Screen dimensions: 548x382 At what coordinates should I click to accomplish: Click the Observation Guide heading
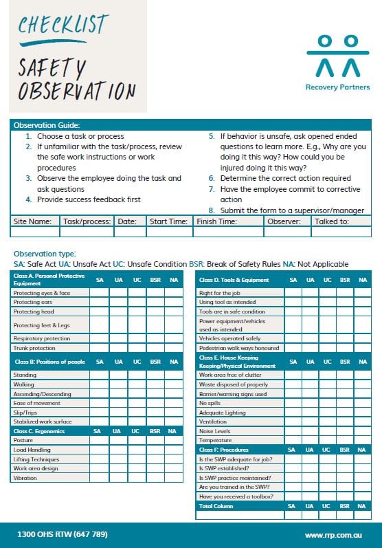(47, 125)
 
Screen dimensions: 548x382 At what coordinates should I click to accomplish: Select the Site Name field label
(32, 221)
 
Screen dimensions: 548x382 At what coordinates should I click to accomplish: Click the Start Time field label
(168, 221)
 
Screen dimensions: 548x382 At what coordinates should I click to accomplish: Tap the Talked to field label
(332, 221)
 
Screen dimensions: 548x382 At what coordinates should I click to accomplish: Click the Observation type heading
(45, 254)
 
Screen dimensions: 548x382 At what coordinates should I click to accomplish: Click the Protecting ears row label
(32, 302)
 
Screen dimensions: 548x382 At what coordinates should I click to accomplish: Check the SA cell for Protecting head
(100, 311)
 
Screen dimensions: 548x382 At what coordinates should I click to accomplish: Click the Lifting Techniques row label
(36, 459)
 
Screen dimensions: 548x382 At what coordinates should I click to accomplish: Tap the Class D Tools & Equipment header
(234, 280)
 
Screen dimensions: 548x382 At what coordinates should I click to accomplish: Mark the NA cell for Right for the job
(362, 292)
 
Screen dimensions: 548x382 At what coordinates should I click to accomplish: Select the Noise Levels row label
(214, 431)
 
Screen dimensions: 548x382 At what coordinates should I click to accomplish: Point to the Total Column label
(216, 505)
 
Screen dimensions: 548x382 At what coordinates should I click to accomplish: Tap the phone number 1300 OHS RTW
(62, 534)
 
